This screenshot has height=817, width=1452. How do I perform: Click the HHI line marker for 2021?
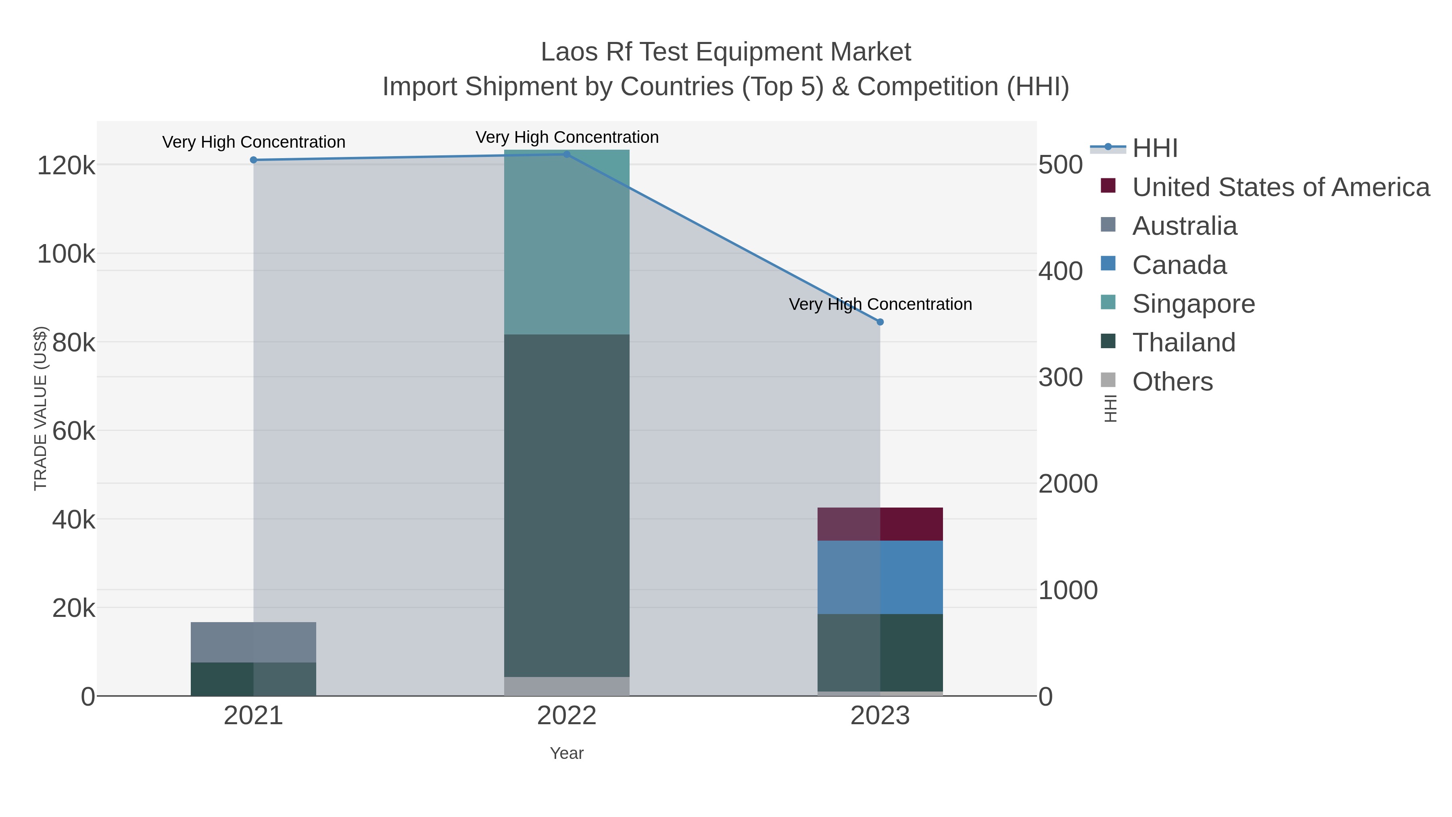[253, 160]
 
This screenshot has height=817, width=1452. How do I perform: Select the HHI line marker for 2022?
[567, 155]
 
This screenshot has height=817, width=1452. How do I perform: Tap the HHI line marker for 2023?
[880, 322]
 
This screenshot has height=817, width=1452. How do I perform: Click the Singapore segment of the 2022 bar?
[567, 242]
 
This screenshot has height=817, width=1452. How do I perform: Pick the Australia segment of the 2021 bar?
[253, 642]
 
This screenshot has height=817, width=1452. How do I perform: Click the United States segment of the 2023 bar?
[880, 524]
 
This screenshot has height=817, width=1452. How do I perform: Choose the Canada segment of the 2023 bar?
[880, 577]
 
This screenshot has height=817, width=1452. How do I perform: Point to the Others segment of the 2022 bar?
[567, 686]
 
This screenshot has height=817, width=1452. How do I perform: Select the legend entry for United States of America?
[1280, 187]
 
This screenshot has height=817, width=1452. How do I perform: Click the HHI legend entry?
[1154, 148]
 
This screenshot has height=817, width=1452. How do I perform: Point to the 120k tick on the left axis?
[66, 166]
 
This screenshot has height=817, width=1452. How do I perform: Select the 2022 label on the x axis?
[567, 716]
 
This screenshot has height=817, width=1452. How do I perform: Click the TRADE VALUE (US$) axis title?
[41, 408]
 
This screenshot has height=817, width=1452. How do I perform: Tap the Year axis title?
[567, 753]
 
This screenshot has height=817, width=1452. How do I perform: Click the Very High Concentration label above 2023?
[880, 305]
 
